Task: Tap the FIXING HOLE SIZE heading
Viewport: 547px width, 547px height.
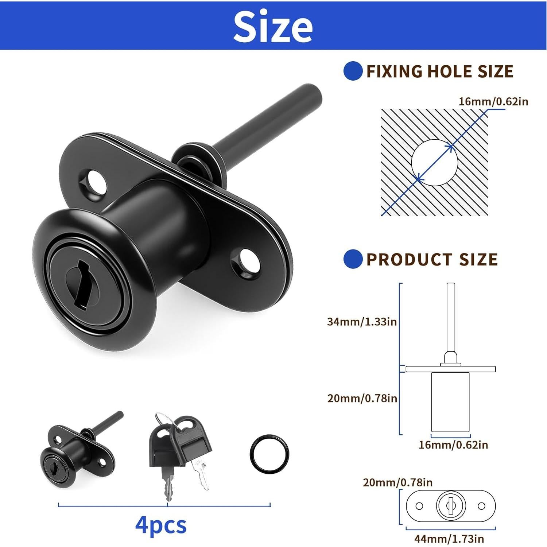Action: pyautogui.click(x=440, y=71)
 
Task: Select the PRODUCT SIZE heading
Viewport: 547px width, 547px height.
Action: pyautogui.click(x=432, y=260)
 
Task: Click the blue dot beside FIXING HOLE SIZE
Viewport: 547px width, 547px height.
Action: pyautogui.click(x=353, y=71)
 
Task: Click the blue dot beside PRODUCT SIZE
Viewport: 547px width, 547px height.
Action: pyautogui.click(x=353, y=259)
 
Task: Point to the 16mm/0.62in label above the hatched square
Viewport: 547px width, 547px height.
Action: pyautogui.click(x=493, y=101)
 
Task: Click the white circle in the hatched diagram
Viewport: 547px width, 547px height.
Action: pyautogui.click(x=434, y=163)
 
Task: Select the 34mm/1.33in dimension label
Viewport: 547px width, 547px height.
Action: pyautogui.click(x=362, y=322)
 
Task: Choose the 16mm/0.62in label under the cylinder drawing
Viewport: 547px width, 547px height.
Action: pyautogui.click(x=453, y=445)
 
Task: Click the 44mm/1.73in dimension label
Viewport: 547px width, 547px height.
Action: pyautogui.click(x=449, y=539)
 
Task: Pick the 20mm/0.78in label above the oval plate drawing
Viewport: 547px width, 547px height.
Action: pyautogui.click(x=397, y=482)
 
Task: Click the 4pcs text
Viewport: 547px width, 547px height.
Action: pyautogui.click(x=161, y=525)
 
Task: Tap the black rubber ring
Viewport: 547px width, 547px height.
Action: pyautogui.click(x=270, y=454)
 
